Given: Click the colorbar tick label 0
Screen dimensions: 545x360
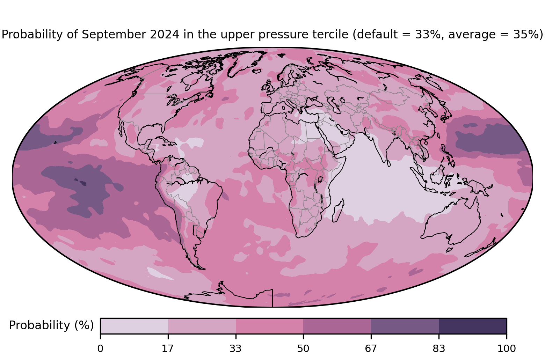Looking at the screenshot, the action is pyautogui.click(x=100, y=349).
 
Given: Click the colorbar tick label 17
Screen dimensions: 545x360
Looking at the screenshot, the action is pyautogui.click(x=168, y=349).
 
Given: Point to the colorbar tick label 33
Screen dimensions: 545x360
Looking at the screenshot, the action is pyautogui.click(x=235, y=349).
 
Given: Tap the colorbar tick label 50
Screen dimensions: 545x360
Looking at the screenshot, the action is pyautogui.click(x=303, y=349).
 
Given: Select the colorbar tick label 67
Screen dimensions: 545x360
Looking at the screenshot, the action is pyautogui.click(x=371, y=349).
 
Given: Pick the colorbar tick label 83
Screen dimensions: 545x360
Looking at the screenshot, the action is pyautogui.click(x=439, y=349).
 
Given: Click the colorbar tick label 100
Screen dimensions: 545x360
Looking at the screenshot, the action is pyautogui.click(x=507, y=349).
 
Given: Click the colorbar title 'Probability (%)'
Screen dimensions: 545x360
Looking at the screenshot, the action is pyautogui.click(x=51, y=325).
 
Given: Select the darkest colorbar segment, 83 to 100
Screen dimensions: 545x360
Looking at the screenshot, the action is pyautogui.click(x=473, y=326).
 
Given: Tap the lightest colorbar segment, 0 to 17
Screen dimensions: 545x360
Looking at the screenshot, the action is pyautogui.click(x=134, y=326).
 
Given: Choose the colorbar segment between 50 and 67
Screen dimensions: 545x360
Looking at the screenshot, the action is pyautogui.click(x=337, y=326).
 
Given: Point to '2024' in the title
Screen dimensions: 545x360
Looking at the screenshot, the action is pyautogui.click(x=165, y=34).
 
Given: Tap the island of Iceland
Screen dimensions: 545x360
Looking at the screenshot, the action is pyautogui.click(x=257, y=71).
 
